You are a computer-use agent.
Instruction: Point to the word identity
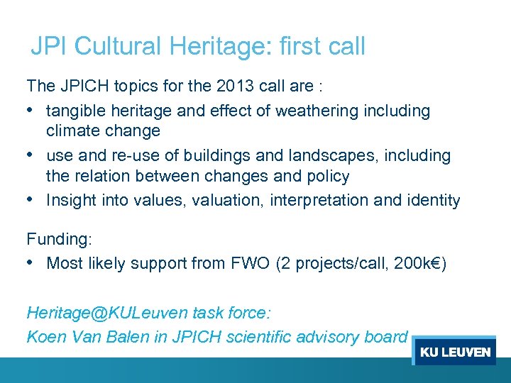point(433,200)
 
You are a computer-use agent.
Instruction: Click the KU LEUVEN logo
point(454,352)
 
